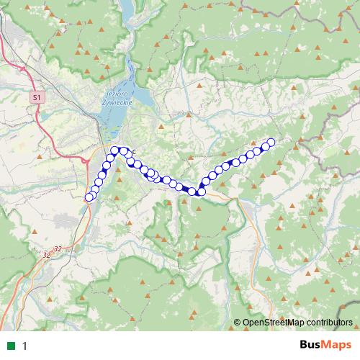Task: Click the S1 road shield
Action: click(x=37, y=96)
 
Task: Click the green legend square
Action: click(x=12, y=346)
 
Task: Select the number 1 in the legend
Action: click(x=25, y=346)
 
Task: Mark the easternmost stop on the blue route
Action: click(x=272, y=142)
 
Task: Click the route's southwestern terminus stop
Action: click(x=89, y=197)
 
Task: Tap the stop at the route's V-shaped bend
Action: click(x=201, y=191)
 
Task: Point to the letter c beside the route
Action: click(x=133, y=150)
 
